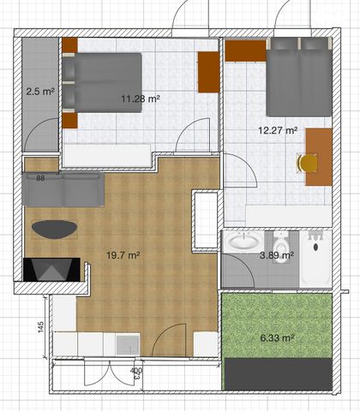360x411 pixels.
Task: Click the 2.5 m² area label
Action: coord(40,92)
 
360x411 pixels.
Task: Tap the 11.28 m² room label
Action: coord(141,99)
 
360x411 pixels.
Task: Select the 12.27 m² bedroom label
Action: coord(278,131)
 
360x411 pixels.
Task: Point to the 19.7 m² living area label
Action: coord(123,255)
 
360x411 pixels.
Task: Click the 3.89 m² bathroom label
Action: coord(277,255)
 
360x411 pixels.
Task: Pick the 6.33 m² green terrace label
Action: coord(278,338)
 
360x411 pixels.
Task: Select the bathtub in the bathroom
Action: coord(315,259)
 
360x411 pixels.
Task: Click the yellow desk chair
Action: coord(308,163)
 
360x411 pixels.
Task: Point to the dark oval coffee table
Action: coord(54,229)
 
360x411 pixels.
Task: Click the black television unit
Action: coord(51,270)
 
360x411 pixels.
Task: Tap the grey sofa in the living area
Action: coord(63,189)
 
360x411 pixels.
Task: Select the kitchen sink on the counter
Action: coord(128,345)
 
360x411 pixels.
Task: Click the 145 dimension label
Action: coord(41,327)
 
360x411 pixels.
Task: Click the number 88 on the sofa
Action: coord(40,178)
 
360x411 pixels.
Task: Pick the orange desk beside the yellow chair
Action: coord(319,157)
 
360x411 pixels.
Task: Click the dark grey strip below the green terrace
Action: coord(279,374)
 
